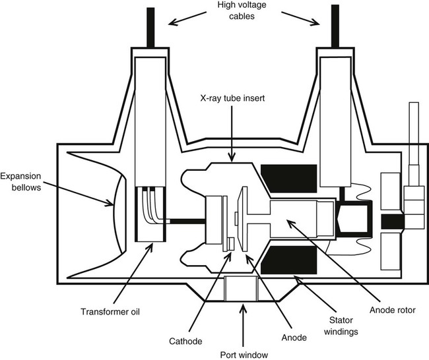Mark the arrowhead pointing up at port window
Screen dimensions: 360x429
244,307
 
